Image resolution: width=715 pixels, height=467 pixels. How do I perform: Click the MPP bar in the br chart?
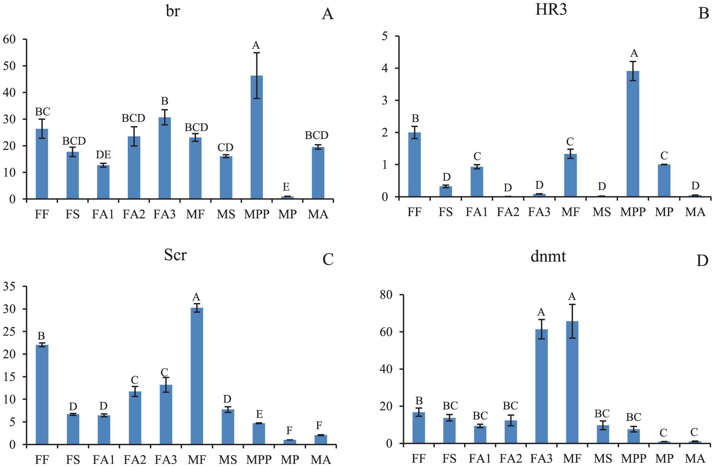[x=257, y=138]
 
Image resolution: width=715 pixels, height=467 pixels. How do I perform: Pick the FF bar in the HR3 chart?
[x=415, y=165]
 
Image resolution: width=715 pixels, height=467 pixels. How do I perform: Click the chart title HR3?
[x=551, y=10]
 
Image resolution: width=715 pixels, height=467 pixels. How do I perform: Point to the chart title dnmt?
[x=548, y=256]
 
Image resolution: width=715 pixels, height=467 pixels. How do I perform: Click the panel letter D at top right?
[x=702, y=261]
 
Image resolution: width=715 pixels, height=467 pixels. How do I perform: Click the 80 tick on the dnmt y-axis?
[x=386, y=295]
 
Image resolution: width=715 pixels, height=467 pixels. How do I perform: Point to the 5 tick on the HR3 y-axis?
[x=384, y=36]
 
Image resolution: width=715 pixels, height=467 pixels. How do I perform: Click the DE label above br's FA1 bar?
[x=103, y=155]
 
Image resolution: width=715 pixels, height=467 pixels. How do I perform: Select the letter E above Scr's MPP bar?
[x=259, y=414]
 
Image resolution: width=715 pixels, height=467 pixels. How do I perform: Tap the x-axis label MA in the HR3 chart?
[x=695, y=212]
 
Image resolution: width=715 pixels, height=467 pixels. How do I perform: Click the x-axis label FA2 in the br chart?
[x=134, y=214]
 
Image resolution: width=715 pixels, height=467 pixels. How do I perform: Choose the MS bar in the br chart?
[x=226, y=177]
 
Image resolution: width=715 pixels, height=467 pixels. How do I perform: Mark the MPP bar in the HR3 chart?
[x=633, y=134]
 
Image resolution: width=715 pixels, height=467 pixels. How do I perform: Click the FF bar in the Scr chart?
[x=42, y=395]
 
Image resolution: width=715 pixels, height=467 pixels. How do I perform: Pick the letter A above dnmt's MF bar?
[x=572, y=297]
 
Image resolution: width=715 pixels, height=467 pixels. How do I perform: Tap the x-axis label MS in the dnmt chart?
[x=603, y=459]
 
